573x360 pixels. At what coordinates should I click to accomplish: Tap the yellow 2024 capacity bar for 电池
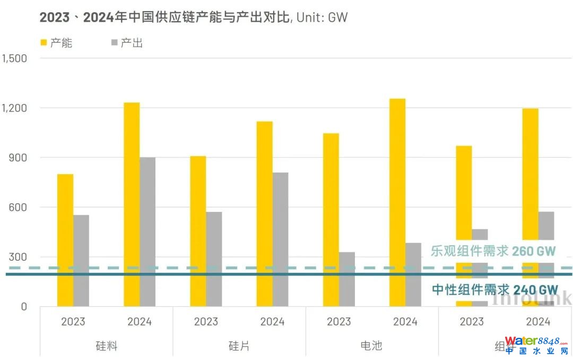click(x=397, y=202)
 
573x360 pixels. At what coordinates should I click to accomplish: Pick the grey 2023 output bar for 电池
click(x=347, y=279)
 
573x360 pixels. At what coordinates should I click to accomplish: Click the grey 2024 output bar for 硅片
click(x=281, y=239)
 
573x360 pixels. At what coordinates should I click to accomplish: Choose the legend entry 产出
click(x=126, y=43)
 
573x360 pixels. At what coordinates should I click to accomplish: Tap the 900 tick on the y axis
click(x=18, y=158)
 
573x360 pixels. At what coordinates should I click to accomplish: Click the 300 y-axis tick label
click(x=18, y=257)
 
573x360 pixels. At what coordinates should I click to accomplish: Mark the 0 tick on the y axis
click(x=23, y=306)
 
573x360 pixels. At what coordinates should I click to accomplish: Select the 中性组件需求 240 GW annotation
click(x=494, y=290)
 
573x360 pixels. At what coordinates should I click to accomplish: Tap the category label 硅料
click(x=106, y=346)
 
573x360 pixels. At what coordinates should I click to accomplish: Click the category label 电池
click(x=371, y=346)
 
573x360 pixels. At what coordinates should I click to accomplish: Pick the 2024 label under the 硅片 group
click(x=272, y=322)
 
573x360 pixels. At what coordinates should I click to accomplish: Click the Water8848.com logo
click(x=536, y=345)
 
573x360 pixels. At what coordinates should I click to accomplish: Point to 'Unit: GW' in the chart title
click(x=322, y=18)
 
